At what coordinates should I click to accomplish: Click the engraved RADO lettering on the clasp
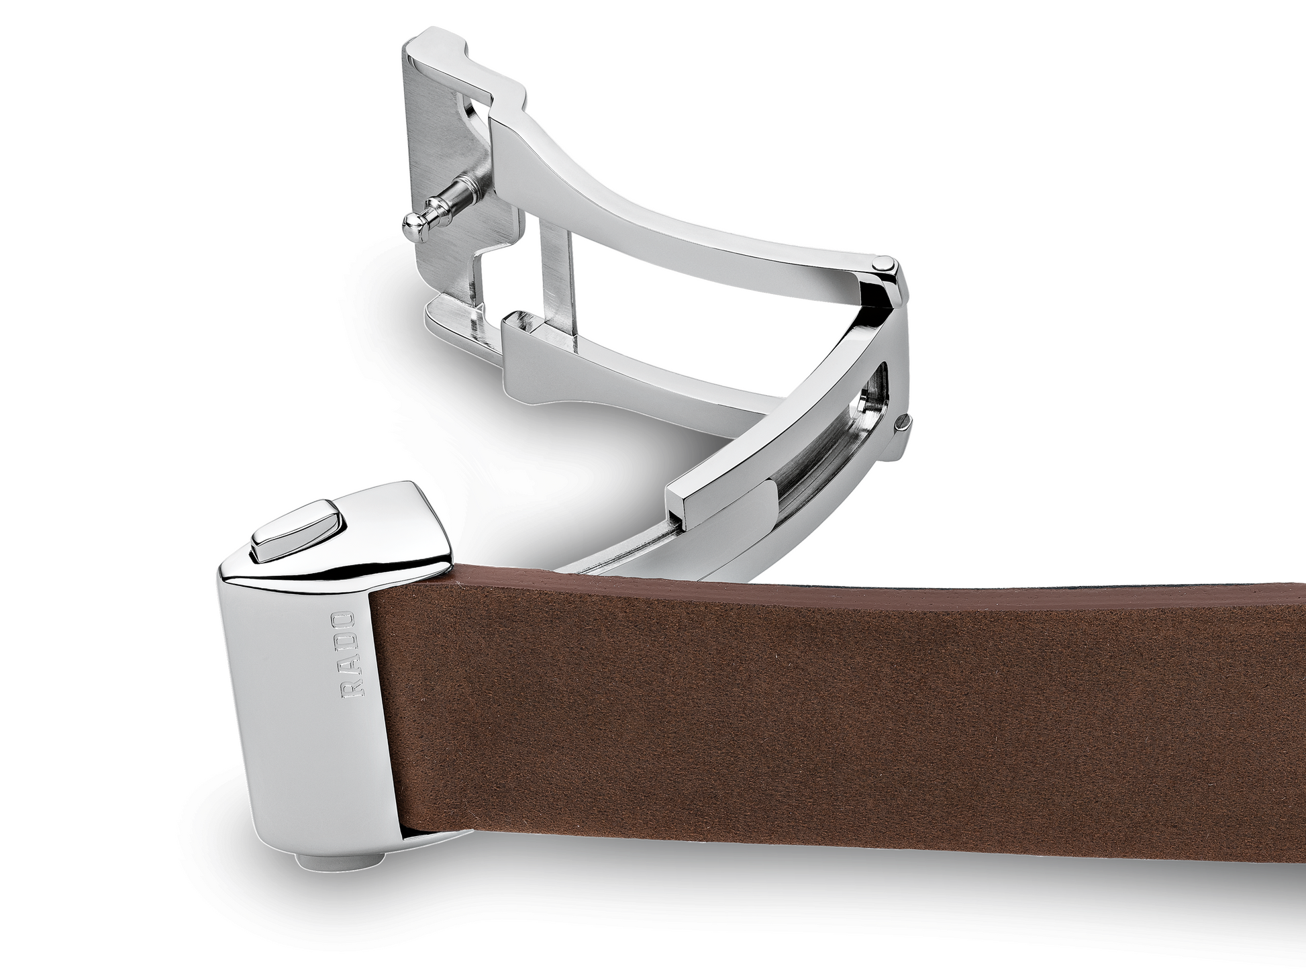coord(350,654)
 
